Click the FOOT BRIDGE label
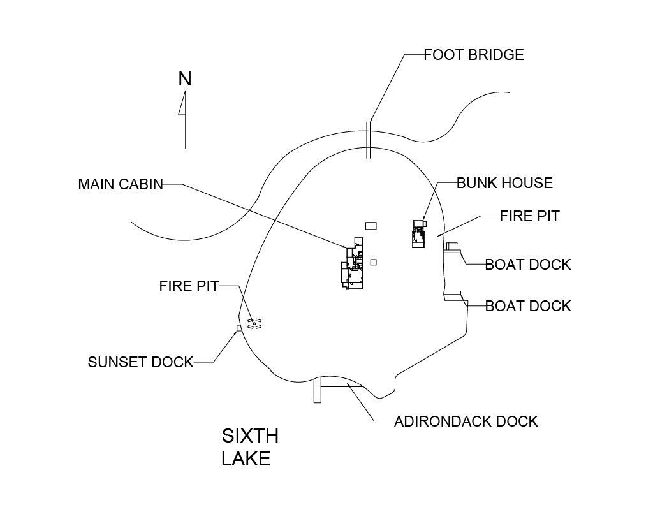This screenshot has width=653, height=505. (474, 55)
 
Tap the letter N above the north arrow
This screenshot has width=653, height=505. (185, 79)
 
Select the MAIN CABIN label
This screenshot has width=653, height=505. (121, 184)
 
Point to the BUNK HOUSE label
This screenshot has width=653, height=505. (505, 183)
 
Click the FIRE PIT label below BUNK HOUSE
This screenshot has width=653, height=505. (530, 216)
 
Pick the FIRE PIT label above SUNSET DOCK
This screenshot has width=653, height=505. (189, 286)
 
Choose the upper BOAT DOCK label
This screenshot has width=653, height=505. (528, 265)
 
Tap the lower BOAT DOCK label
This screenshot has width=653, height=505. (528, 306)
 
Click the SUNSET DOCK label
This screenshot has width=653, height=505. (141, 362)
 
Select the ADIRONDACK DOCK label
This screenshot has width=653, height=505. (466, 421)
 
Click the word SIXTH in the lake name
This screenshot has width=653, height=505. (250, 436)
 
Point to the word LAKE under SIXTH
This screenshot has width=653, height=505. (246, 458)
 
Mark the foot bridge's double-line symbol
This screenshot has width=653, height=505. (368, 140)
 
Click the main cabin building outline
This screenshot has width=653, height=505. (352, 263)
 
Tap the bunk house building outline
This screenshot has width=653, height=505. (419, 234)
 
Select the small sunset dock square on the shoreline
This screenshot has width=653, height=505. (239, 328)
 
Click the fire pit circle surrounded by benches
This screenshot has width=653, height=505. (254, 323)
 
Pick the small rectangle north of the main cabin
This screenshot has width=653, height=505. (371, 226)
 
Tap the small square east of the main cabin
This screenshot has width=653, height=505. (374, 262)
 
